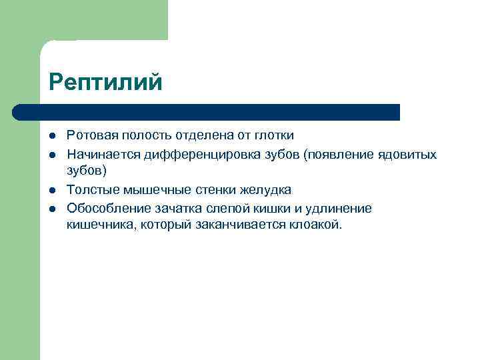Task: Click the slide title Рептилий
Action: coord(105,83)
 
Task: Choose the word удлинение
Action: coord(340,209)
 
